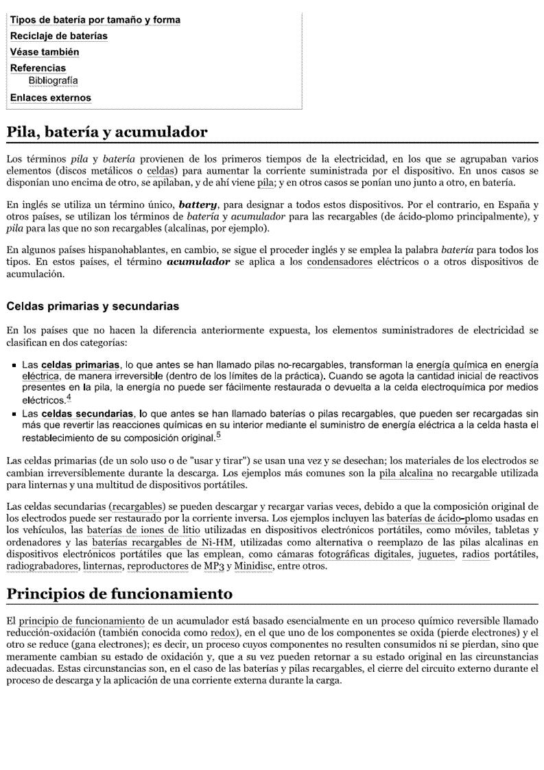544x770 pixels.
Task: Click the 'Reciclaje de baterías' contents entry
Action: pos(58,36)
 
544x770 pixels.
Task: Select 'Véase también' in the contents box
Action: pos(45,52)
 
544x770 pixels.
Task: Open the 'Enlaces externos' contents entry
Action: pos(50,97)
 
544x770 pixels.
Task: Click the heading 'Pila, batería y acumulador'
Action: pos(106,132)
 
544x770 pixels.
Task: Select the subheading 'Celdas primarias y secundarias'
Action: pos(93,306)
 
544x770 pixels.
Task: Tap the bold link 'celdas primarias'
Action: pos(81,364)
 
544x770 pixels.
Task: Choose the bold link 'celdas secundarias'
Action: pos(87,414)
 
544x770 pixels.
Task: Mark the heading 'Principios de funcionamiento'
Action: pos(119,594)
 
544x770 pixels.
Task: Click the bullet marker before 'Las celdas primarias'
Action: pos(13,364)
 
